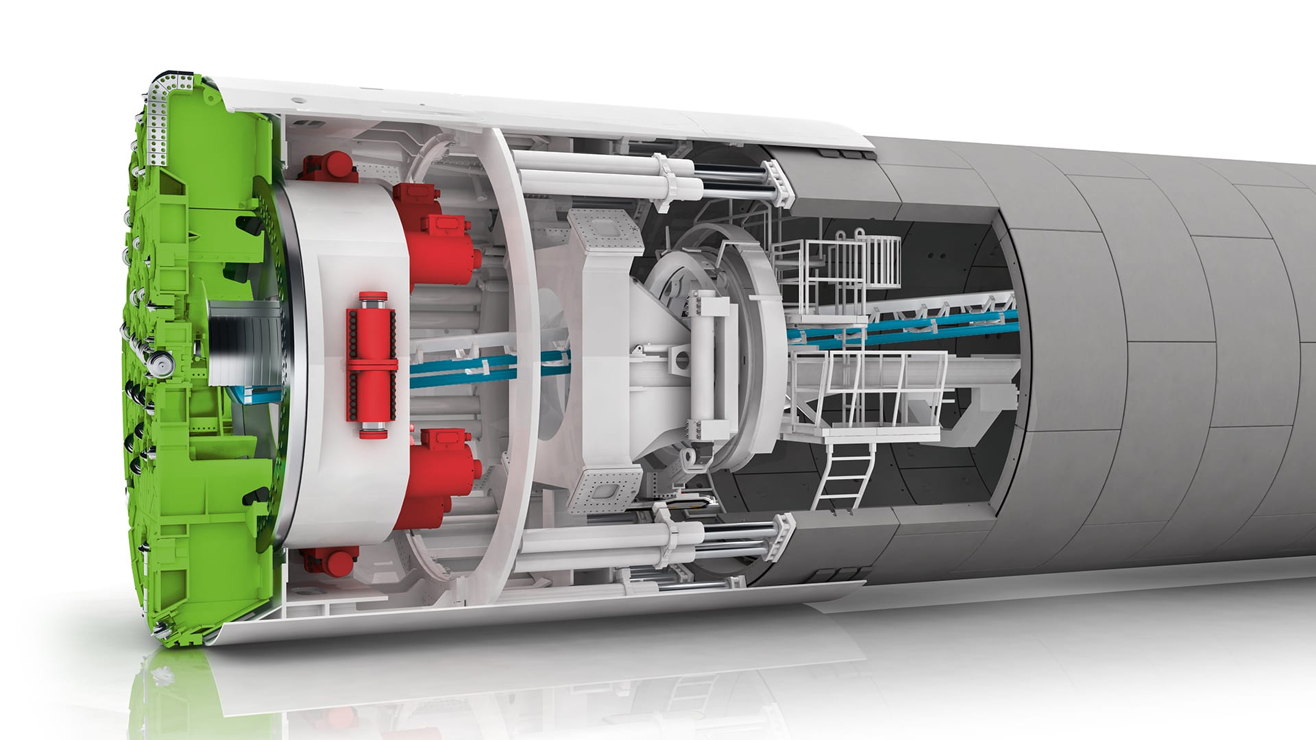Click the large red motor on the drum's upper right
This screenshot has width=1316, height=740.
[442, 233]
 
